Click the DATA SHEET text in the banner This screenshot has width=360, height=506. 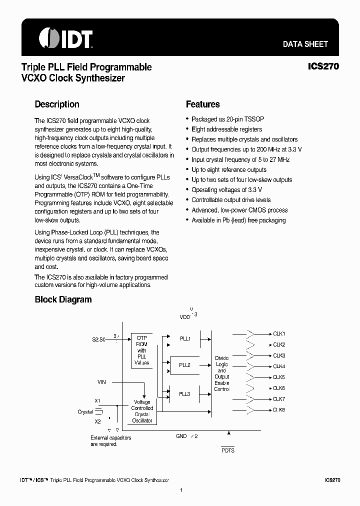pos(305,44)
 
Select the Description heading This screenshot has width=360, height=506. pos(57,104)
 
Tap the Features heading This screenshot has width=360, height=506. pos(202,104)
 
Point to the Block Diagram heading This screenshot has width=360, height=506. pos(63,299)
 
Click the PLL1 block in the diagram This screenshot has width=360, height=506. pos(185,338)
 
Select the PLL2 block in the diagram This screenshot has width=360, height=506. pos(185,365)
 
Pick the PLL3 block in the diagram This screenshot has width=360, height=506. pos(185,394)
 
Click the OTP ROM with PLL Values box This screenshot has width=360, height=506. pos(141,350)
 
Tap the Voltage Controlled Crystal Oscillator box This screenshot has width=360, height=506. pos(142,411)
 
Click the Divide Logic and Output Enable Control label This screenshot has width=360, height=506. pos(221,373)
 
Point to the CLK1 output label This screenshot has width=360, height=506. pos(278,333)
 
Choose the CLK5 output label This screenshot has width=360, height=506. pos(278,377)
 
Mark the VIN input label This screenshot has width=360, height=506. pos(101,382)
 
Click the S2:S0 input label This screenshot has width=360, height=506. pos(98,339)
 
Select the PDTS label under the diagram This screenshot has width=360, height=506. pos(227,450)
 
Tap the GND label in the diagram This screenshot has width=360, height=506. pos(181,436)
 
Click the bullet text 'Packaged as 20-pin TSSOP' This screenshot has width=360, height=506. pos(227,119)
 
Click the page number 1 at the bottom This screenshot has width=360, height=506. pos(181,490)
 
